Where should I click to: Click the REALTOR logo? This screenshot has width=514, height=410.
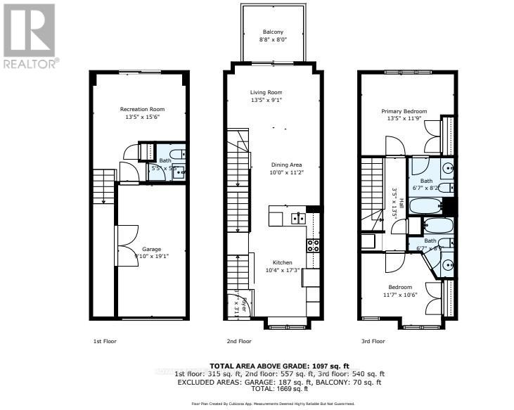[x=29, y=35]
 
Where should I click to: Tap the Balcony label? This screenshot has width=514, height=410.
[x=274, y=32]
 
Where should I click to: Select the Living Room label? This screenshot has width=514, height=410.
[x=266, y=92]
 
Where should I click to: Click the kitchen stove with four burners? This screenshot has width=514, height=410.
[x=314, y=245]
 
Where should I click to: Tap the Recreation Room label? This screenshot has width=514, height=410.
[x=143, y=109]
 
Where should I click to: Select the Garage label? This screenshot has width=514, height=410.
[x=152, y=249]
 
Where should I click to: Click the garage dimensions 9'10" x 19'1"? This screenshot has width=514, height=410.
[x=152, y=256]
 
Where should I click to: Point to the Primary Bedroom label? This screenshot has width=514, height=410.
[x=404, y=111]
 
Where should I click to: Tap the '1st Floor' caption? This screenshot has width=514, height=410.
[x=105, y=341]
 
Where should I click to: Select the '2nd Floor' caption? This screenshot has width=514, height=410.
[x=239, y=341]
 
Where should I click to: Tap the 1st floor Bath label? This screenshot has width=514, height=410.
[x=164, y=161]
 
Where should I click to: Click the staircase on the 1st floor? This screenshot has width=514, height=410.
[x=103, y=186]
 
